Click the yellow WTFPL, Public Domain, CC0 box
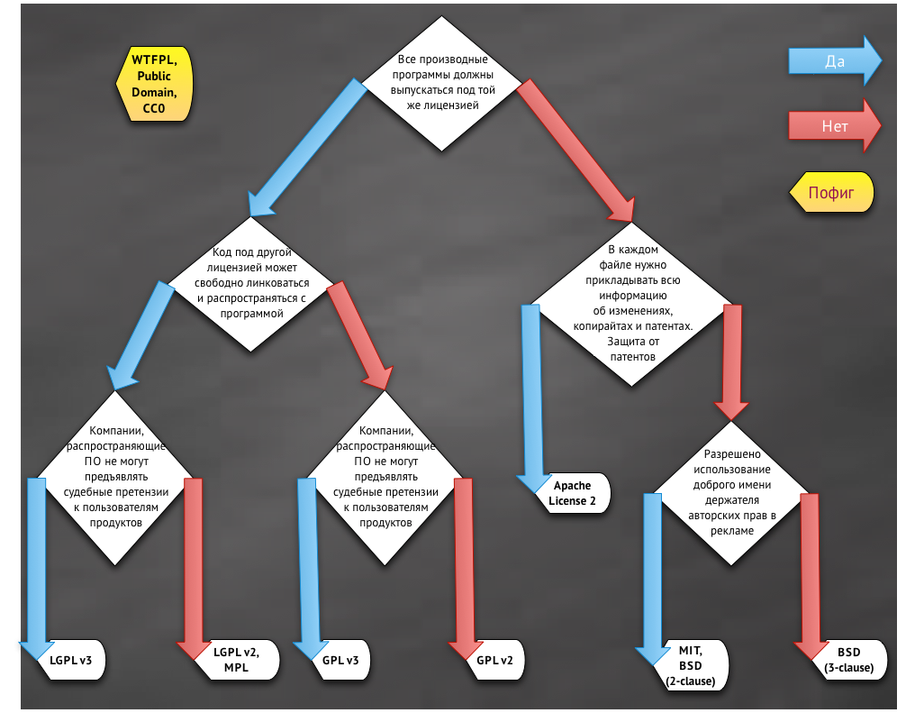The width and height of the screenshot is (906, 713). [154, 84]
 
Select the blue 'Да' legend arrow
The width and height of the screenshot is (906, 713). [835, 60]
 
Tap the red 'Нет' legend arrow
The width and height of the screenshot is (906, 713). [835, 125]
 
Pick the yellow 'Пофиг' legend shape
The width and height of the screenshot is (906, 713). [831, 192]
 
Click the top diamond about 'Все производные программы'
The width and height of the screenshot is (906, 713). [442, 83]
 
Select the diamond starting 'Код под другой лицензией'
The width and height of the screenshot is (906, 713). [250, 283]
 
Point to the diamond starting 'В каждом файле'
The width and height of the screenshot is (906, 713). [631, 304]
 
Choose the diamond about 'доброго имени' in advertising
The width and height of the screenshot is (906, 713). [731, 493]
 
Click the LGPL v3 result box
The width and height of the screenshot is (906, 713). [71, 660]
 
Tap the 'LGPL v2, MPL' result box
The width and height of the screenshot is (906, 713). [236, 660]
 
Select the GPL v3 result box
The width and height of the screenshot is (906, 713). [340, 660]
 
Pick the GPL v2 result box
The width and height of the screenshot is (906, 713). [494, 660]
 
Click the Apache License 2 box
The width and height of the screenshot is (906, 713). [572, 493]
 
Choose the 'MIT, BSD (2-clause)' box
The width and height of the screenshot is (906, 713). [691, 665]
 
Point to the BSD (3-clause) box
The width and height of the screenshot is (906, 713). [848, 660]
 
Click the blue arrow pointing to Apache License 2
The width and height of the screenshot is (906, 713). [533, 399]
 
